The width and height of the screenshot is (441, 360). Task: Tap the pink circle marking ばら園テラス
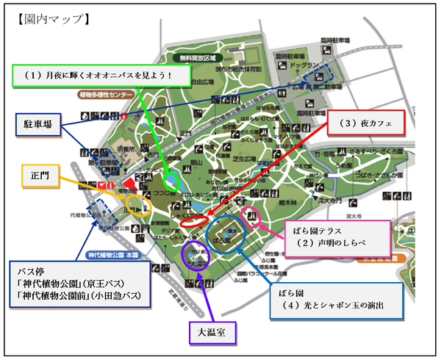(251, 217)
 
